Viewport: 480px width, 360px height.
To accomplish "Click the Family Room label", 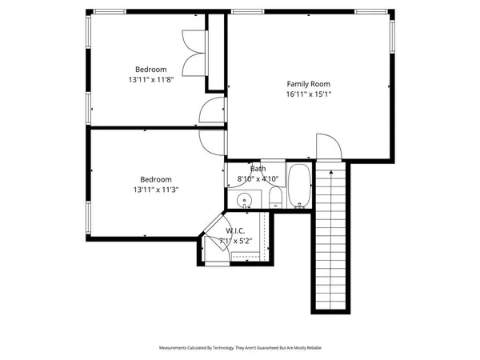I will pyautogui.click(x=308, y=83).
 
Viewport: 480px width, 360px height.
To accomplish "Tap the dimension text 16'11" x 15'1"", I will pyautogui.click(x=308, y=94).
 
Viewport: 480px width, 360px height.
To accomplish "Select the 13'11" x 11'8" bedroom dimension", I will pyautogui.click(x=150, y=80).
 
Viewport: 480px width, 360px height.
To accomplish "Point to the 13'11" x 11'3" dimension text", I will pyautogui.click(x=156, y=190).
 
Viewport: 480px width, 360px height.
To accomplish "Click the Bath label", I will pyautogui.click(x=258, y=169).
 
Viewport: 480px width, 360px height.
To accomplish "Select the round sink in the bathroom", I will pyautogui.click(x=244, y=200).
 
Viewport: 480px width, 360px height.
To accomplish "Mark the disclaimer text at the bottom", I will pyautogui.click(x=240, y=348).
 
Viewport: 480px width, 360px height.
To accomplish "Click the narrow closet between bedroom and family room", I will pyautogui.click(x=216, y=52).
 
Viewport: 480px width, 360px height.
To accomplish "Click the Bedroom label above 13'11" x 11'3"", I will pyautogui.click(x=156, y=179).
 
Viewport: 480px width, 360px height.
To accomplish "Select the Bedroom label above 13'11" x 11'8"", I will pyautogui.click(x=150, y=70).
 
